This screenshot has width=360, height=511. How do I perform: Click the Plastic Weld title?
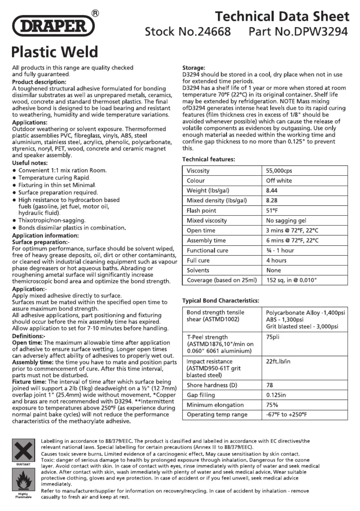[x=55, y=52]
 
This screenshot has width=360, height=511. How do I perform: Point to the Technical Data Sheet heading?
[x=282, y=16]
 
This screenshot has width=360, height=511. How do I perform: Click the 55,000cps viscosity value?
[x=279, y=171]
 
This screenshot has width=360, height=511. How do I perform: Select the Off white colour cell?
[x=279, y=181]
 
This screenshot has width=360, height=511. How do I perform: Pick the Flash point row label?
[x=201, y=211]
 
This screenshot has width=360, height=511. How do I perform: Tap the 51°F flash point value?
[x=272, y=211]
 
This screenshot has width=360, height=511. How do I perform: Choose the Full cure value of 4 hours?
[x=276, y=260]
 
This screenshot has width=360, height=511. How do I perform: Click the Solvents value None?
[x=273, y=270]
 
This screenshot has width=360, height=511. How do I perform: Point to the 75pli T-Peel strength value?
[x=272, y=337]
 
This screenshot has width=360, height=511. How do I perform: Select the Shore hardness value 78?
[x=270, y=385]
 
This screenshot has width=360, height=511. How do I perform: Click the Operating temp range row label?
[x=217, y=415]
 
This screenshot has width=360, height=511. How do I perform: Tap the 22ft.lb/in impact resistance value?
[x=278, y=361]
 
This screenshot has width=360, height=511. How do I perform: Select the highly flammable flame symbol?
[x=23, y=480]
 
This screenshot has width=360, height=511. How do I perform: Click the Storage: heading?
[x=194, y=68]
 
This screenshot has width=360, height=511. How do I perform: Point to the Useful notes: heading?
[x=30, y=163]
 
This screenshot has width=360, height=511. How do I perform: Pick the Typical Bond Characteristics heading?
[x=221, y=301]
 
